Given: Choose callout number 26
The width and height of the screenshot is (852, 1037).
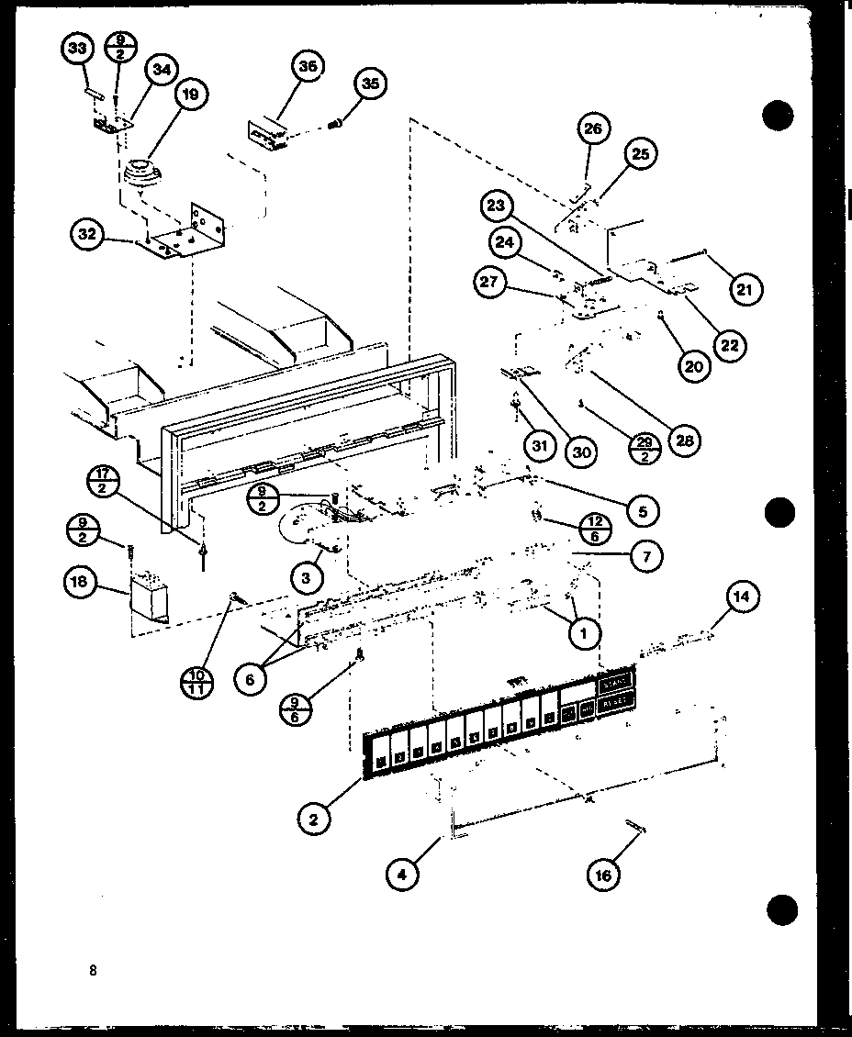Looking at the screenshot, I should pos(593,130).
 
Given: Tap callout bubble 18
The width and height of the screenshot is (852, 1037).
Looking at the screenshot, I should pos(81,584).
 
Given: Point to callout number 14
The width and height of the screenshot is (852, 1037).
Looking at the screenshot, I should pos(743,597).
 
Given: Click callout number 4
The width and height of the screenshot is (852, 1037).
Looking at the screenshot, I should pos(401,874).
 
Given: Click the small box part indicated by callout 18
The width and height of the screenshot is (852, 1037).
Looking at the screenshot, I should pos(150,597).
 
